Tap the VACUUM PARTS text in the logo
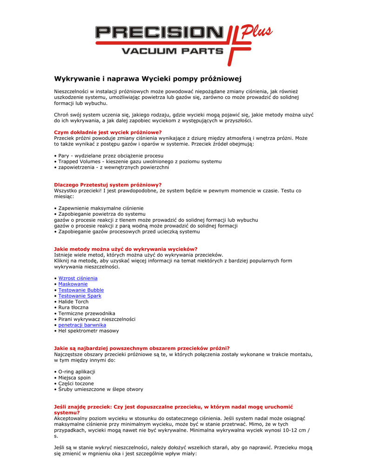172,51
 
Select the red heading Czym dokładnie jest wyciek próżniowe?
108,132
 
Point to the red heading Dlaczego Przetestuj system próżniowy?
108,185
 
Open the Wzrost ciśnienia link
78,278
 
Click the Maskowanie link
73,284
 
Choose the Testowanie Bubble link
81,290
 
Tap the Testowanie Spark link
80,296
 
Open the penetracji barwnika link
82,325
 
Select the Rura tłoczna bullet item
73,308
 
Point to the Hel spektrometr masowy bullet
88,331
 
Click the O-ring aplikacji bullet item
77,372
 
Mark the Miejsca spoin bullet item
74,378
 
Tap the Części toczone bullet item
76,383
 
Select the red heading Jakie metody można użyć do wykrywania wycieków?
126,249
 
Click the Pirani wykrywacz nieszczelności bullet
97,319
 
